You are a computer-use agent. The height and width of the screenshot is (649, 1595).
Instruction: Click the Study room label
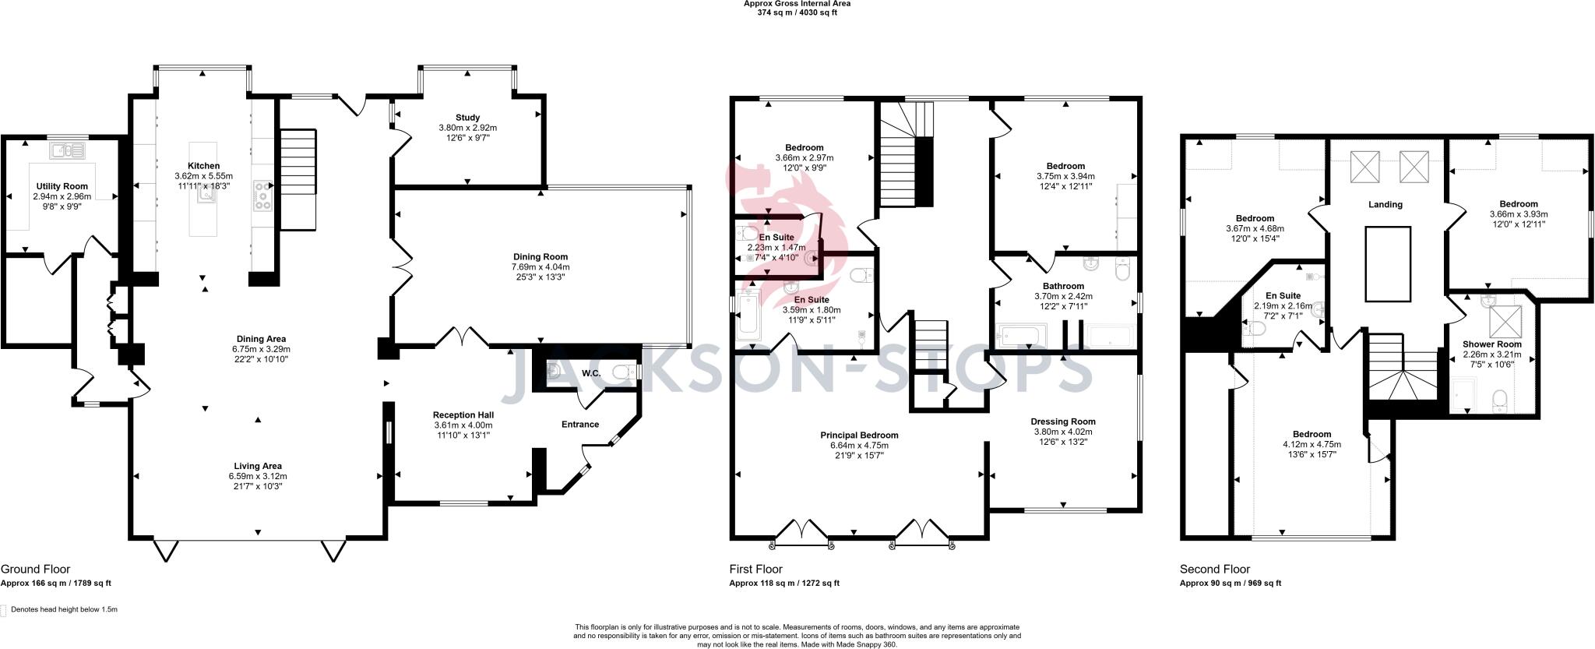pyautogui.click(x=467, y=118)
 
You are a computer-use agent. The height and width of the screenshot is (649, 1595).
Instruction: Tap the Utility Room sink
pyautogui.click(x=69, y=150)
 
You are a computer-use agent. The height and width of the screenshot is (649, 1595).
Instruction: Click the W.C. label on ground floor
pyautogui.click(x=590, y=373)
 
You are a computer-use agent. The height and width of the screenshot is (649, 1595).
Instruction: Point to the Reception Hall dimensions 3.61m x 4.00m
pyautogui.click(x=463, y=425)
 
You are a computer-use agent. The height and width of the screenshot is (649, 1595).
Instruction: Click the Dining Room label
pyautogui.click(x=540, y=256)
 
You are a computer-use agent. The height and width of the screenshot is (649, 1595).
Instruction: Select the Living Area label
pyautogui.click(x=258, y=466)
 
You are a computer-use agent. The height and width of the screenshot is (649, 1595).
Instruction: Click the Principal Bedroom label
pyautogui.click(x=858, y=436)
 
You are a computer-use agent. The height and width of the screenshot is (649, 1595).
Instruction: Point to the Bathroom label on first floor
pyautogui.click(x=1063, y=286)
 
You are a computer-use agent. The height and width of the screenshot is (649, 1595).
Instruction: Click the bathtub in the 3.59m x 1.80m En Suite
pyautogui.click(x=747, y=315)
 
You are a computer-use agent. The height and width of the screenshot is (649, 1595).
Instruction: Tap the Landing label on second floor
pyautogui.click(x=1385, y=204)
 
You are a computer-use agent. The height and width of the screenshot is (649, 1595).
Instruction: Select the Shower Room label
pyautogui.click(x=1491, y=344)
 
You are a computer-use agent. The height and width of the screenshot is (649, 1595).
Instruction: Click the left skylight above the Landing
pyautogui.click(x=1364, y=166)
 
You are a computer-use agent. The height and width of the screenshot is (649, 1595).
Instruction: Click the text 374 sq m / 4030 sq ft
pyautogui.click(x=797, y=12)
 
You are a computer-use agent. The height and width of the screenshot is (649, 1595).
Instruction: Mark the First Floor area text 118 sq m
pyautogui.click(x=783, y=583)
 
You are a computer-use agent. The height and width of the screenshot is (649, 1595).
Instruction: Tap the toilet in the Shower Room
pyautogui.click(x=1499, y=401)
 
